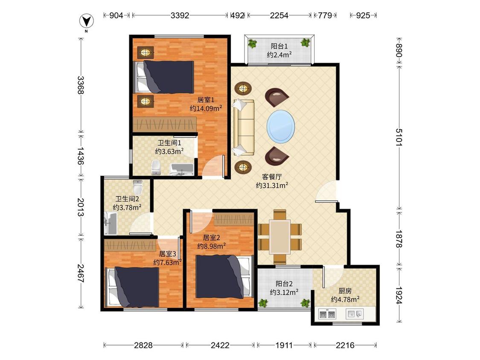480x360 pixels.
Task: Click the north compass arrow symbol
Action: point(87,21)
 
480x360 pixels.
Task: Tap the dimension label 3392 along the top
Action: point(180,15)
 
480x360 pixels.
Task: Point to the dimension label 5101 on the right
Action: point(399,137)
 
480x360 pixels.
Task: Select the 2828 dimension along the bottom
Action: point(143,345)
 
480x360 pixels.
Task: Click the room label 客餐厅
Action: point(272,177)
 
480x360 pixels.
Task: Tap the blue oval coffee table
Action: point(281,126)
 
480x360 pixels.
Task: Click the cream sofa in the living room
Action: point(244,128)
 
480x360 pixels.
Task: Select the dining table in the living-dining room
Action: point(280,237)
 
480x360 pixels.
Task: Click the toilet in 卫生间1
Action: point(156,167)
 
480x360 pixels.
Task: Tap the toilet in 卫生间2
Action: point(138,187)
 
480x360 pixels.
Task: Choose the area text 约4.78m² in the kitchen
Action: point(345,299)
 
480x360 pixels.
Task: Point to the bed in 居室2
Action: point(225,277)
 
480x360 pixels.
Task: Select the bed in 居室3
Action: point(132,287)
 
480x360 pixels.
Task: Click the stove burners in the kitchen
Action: point(327,314)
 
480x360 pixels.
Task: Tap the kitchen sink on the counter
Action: point(355,314)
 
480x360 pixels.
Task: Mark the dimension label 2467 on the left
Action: point(80,273)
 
